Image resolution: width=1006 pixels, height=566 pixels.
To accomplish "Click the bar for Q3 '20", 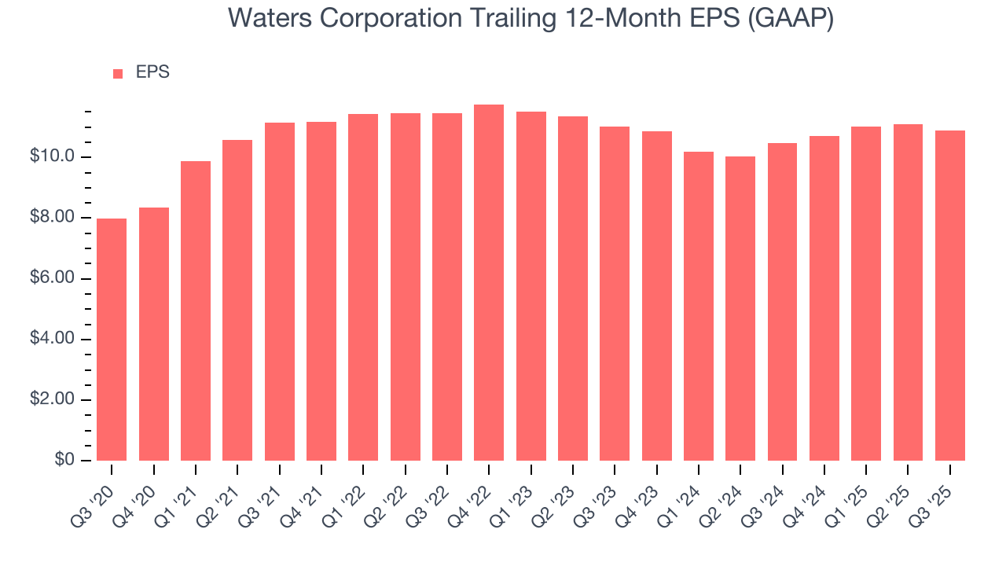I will pos(112,340).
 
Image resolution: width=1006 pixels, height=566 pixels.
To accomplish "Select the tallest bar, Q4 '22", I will pos(489,283).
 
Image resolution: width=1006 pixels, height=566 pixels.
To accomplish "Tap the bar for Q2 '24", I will pos(740,308).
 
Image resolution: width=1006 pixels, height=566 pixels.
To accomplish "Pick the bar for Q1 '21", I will pos(196,311).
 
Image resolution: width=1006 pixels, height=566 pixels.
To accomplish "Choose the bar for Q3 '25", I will pos(950,296).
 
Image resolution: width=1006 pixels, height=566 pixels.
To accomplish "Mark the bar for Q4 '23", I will pos(657,296).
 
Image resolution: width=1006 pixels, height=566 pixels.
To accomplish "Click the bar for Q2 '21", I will pos(237,300).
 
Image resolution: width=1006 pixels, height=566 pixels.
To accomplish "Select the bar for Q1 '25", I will pos(866,293).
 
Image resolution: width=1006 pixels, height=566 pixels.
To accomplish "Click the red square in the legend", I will pos(118,74).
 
